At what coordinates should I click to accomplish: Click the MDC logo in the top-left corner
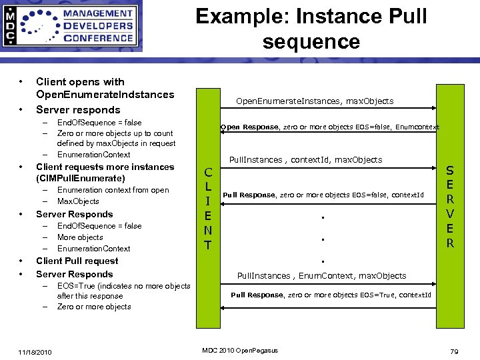72,27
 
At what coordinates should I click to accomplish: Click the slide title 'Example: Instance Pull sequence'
311,29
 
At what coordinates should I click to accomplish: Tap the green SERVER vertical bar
450,207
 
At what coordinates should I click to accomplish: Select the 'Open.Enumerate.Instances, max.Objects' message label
315,101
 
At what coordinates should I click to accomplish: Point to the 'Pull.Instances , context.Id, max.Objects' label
305,160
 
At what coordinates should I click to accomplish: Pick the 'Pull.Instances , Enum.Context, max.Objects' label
321,275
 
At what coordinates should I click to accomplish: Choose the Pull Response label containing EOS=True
331,295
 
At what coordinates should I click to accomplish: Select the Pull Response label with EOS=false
323,195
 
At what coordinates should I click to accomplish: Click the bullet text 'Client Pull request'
77,261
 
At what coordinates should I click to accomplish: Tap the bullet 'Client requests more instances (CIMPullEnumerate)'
105,173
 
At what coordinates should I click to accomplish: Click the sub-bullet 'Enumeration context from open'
113,190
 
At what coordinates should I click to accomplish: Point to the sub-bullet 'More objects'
80,237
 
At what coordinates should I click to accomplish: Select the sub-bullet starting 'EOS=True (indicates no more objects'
123,291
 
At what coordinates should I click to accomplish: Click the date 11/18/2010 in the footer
36,351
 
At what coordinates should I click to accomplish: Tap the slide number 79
455,351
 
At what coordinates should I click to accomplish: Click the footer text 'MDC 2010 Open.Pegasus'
239,351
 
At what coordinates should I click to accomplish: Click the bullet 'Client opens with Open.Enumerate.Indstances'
105,88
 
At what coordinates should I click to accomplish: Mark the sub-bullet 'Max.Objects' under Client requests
78,201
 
